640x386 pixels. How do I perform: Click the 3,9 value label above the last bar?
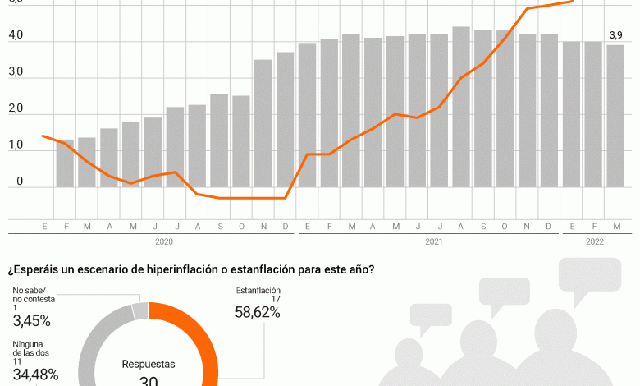pyautogui.click(x=615, y=34)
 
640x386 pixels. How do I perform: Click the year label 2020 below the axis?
pyautogui.click(x=164, y=241)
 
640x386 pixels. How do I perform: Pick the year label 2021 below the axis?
pyautogui.click(x=434, y=241)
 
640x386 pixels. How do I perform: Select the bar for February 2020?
pyautogui.click(x=66, y=163)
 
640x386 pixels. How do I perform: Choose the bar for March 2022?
pyautogui.click(x=615, y=116)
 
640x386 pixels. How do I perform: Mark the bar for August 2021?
pyautogui.click(x=461, y=107)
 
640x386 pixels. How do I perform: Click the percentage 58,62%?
pyautogui.click(x=258, y=314)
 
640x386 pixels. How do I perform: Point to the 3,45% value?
pyautogui.click(x=32, y=320)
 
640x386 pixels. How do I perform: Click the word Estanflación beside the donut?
pyautogui.click(x=258, y=291)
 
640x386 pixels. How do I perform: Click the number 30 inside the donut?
pyautogui.click(x=149, y=380)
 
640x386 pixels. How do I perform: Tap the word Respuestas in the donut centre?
pyautogui.click(x=149, y=363)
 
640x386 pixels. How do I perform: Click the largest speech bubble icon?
pyautogui.click(x=590, y=274)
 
